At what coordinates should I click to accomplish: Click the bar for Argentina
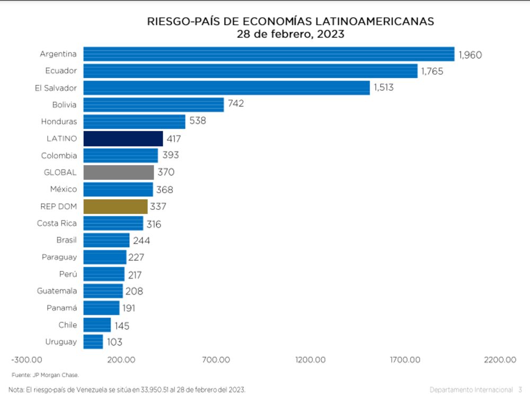tap(269, 54)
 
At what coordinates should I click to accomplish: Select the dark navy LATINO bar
tap(123, 139)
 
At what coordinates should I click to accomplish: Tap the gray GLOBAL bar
tap(119, 172)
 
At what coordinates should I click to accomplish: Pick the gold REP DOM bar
tap(116, 206)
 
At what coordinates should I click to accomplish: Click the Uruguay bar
tap(93, 342)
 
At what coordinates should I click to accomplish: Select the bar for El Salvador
tap(226, 88)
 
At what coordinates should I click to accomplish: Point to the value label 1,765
tap(432, 71)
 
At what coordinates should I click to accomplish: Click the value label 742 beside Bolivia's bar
tap(236, 104)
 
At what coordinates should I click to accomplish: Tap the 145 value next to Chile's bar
tap(122, 326)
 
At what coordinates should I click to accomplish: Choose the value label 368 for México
tap(165, 190)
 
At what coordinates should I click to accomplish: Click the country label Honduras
tap(59, 121)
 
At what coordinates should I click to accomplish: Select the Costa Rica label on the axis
tap(57, 223)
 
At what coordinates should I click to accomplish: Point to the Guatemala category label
tap(57, 291)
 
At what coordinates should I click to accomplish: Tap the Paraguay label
tap(59, 257)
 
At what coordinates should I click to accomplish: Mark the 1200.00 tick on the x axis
tap(311, 360)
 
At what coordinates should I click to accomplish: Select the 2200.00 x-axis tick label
tap(499, 360)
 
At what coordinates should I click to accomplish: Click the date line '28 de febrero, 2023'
tap(290, 34)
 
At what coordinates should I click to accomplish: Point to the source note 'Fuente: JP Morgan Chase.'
tap(45, 375)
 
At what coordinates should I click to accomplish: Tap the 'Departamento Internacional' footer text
tap(471, 389)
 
